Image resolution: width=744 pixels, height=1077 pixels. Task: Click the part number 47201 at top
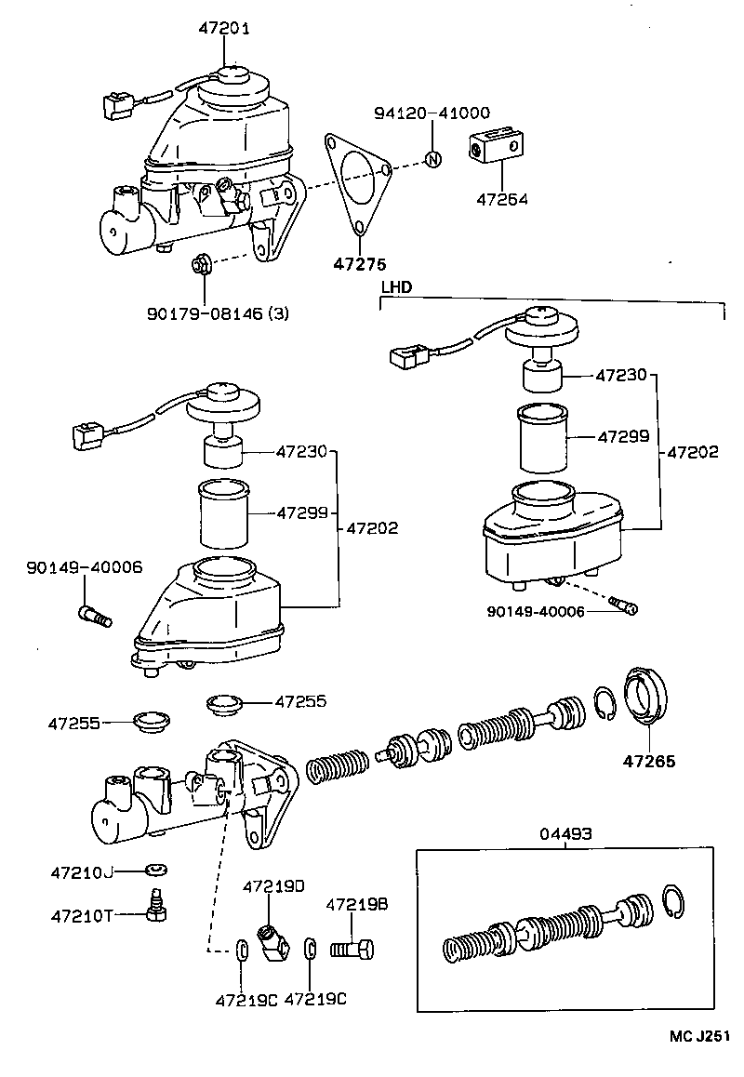(224, 29)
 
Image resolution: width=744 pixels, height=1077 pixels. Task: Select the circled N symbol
(432, 158)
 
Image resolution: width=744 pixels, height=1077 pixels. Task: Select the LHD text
(396, 287)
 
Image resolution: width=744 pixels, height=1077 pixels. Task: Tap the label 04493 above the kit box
(565, 835)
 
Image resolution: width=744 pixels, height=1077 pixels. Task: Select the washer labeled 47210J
(154, 871)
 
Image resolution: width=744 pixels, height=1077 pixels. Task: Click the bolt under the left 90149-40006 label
(92, 614)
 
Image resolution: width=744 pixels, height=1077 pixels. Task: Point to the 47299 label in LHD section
(622, 434)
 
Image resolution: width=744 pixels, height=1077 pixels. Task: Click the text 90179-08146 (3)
(218, 313)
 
